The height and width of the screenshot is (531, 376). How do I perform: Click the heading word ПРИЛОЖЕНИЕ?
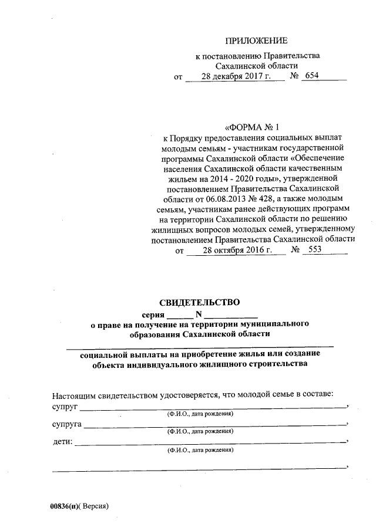(x=257, y=41)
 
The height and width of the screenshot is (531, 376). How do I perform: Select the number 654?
(x=311, y=77)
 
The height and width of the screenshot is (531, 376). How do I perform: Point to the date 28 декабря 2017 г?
(x=235, y=77)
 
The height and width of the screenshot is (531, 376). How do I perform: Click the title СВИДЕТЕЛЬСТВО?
(x=200, y=303)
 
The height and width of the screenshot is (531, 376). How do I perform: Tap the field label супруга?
(x=66, y=423)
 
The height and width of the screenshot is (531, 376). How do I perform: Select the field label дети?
(x=63, y=441)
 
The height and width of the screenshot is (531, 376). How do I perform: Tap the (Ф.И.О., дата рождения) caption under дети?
(x=200, y=451)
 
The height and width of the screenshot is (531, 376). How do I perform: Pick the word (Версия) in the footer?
(x=96, y=506)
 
